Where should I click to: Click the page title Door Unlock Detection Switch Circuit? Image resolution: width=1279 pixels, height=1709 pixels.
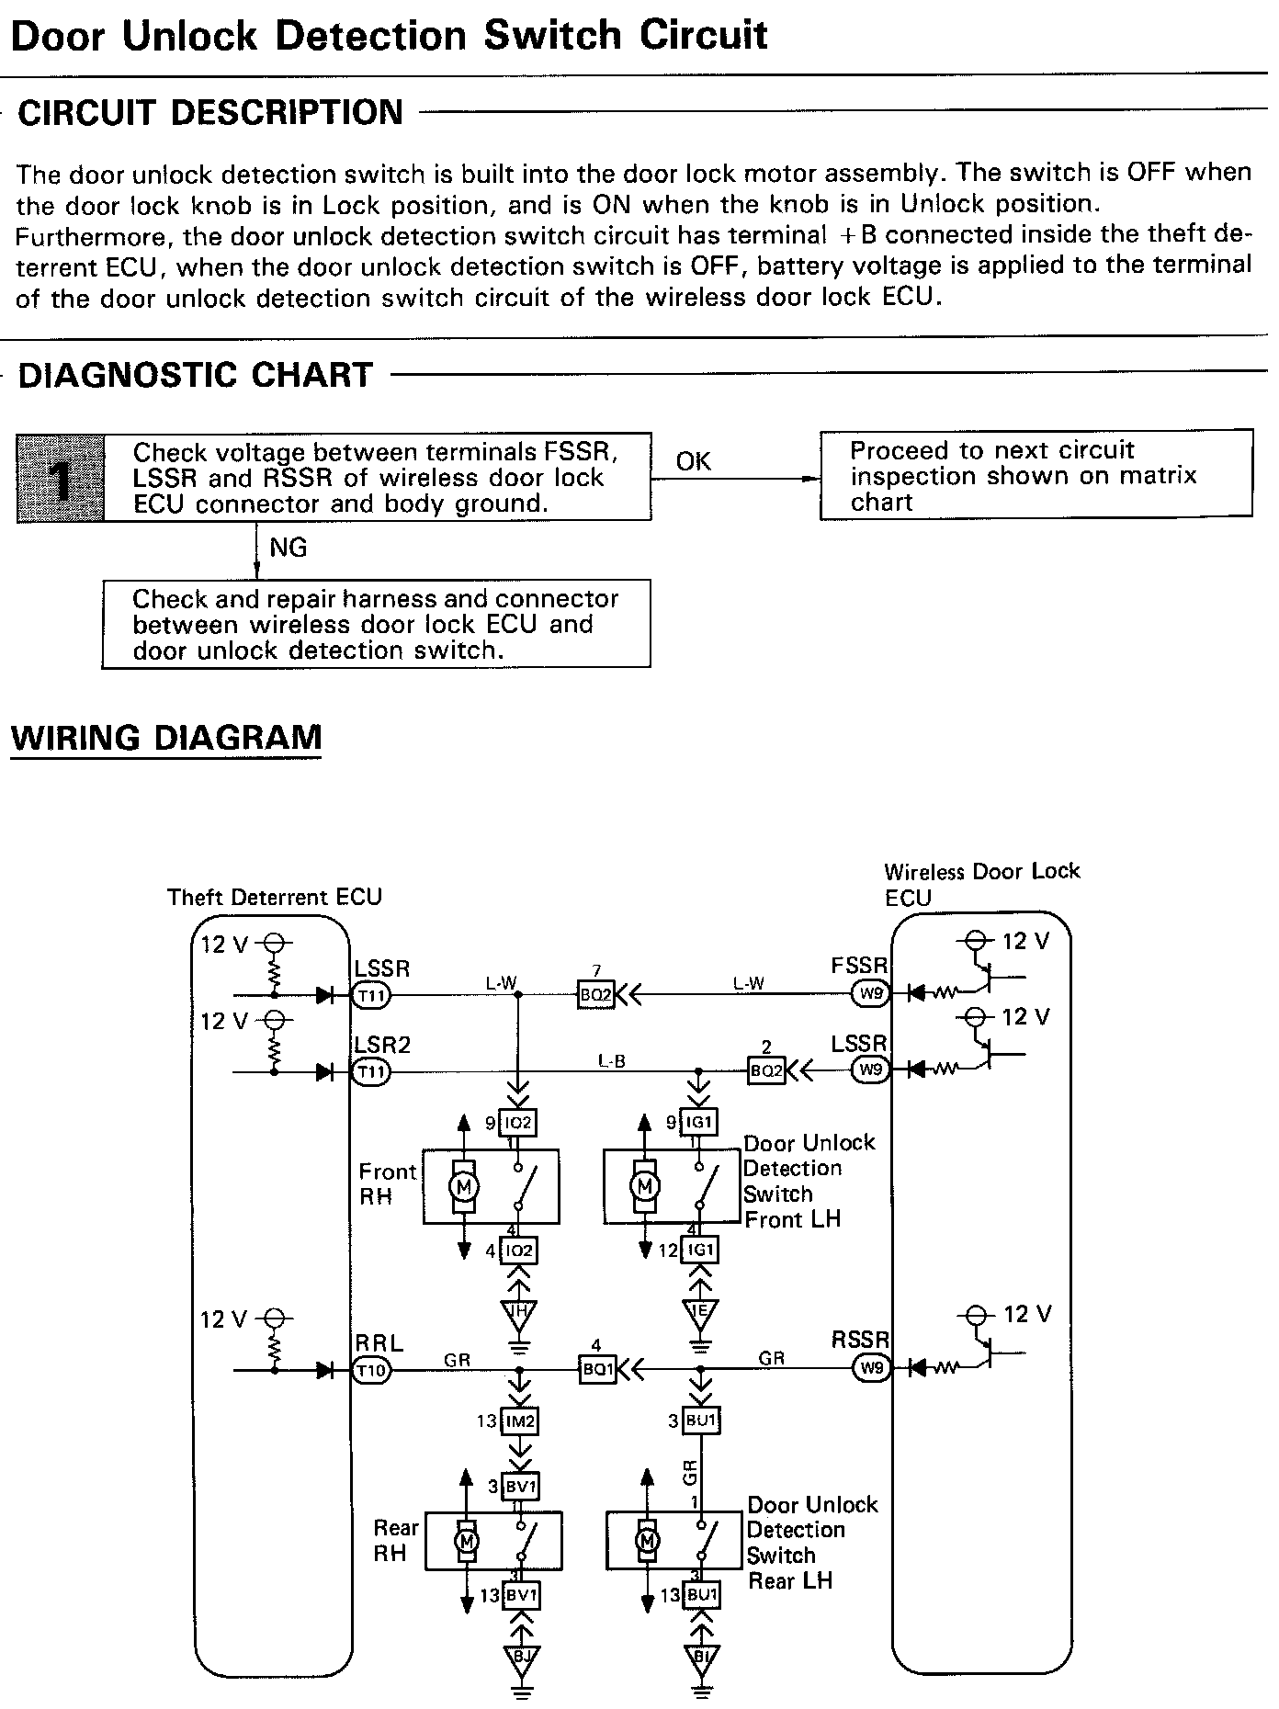coord(389,36)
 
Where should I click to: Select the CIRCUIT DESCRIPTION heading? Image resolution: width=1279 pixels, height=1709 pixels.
coord(210,112)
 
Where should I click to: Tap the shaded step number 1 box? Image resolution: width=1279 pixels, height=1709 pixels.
coord(60,478)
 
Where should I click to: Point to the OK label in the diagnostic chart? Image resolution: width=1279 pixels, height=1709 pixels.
coord(693,461)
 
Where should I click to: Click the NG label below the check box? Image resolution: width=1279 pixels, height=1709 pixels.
coord(288,548)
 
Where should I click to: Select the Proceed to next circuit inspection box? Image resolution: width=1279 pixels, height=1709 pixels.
coord(1036,476)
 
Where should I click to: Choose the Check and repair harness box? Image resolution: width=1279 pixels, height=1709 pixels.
coord(376,624)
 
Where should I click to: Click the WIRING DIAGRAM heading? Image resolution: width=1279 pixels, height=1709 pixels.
coord(166,738)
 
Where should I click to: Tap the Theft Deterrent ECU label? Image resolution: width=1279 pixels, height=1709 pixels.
coord(274,897)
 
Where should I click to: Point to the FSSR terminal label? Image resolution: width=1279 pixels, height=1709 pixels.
coord(859,966)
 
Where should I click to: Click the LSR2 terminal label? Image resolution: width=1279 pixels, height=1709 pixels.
coord(382,1045)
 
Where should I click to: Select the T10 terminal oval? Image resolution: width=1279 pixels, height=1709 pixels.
coord(372,1371)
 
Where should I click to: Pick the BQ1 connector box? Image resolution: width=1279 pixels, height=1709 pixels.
coord(597,1369)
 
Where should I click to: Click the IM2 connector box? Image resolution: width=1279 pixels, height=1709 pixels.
coord(519,1421)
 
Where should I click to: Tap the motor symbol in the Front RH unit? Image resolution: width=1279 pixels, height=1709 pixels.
coord(463,1186)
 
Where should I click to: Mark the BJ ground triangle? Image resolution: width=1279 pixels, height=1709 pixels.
coord(521,1658)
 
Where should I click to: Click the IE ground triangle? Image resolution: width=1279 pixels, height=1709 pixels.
coord(700,1311)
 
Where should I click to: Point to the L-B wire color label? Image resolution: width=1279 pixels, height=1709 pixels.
coord(611,1061)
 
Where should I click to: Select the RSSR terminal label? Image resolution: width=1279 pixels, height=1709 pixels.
coord(860,1340)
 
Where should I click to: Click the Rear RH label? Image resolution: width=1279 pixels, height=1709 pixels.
coord(395,1540)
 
